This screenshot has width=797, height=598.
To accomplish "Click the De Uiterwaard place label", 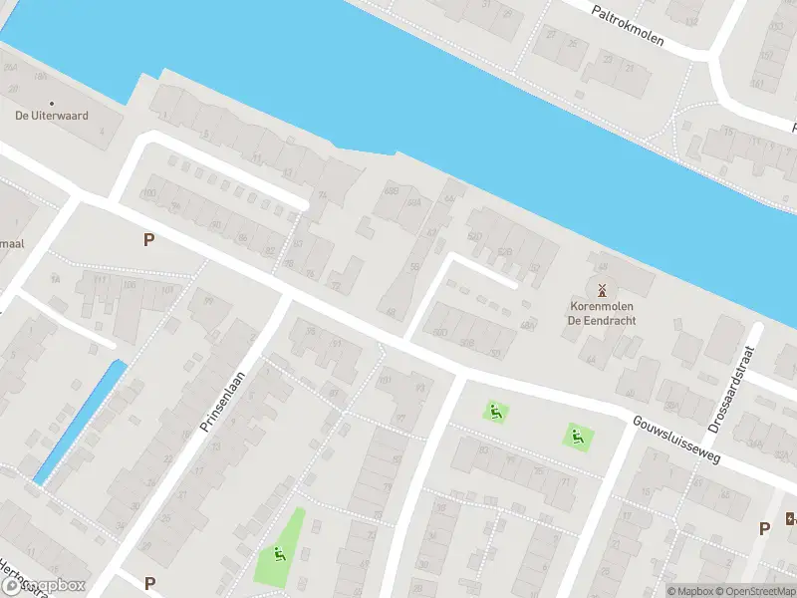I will (x=51, y=116).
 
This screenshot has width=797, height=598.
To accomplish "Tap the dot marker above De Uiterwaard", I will (x=51, y=102).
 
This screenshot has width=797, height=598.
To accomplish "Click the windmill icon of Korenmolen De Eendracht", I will (x=602, y=290).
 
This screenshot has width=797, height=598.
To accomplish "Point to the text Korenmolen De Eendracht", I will (x=602, y=314).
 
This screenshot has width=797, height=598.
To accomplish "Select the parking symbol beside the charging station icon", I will (x=764, y=528).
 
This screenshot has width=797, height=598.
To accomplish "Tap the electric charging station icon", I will (x=791, y=518).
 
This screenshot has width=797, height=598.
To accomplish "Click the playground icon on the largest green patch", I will (x=279, y=555).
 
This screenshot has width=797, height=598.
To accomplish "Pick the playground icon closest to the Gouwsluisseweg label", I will (x=576, y=435).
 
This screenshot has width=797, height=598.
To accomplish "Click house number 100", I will (x=150, y=193).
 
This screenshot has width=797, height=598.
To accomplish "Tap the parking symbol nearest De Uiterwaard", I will (x=149, y=239).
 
